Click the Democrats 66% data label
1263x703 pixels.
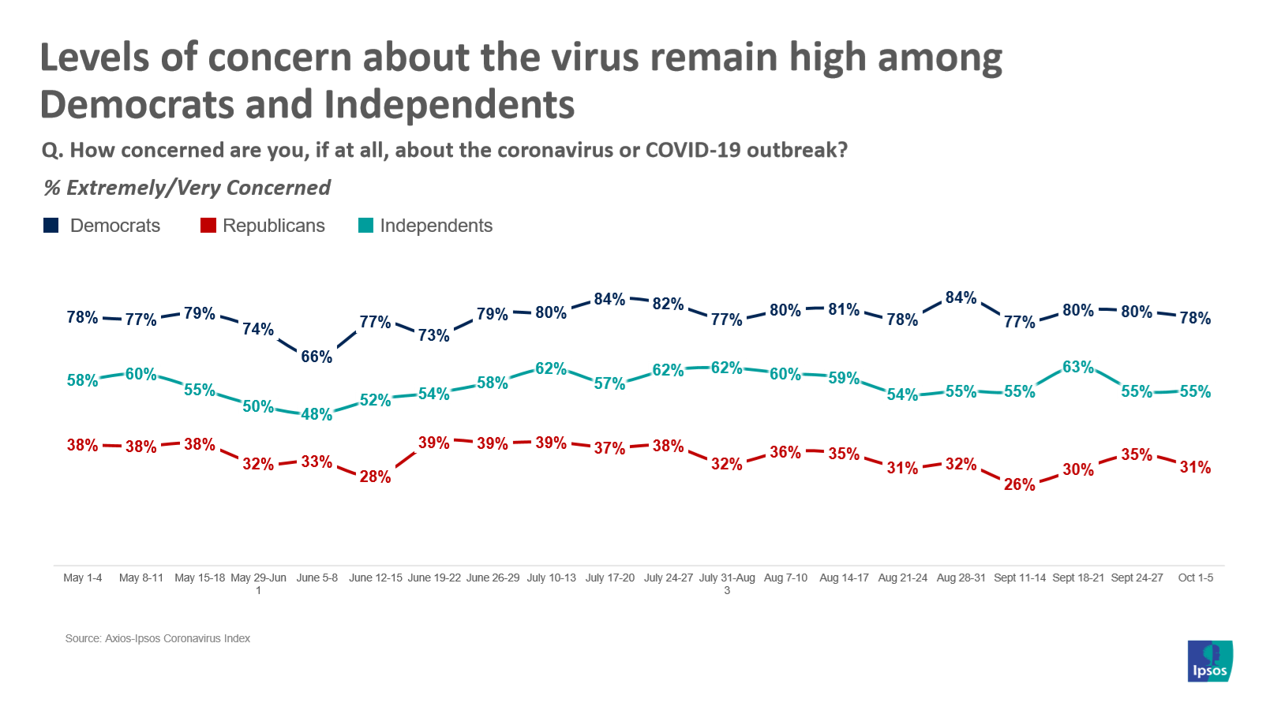coord(317,357)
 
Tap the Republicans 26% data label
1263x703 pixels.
coord(1019,484)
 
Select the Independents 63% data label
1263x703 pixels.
coord(1077,367)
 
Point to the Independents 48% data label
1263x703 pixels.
coord(317,414)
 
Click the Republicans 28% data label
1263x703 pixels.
coord(375,477)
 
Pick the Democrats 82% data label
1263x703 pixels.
coord(668,304)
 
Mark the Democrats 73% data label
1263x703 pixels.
coord(433,335)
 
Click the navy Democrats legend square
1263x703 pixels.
coord(51,226)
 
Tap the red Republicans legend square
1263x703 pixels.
coord(208,226)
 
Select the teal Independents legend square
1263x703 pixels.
coord(365,226)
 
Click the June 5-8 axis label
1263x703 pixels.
coord(317,578)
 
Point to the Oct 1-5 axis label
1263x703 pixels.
coord(1195,578)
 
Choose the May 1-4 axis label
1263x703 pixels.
coord(83,578)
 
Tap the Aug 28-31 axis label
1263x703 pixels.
coord(961,578)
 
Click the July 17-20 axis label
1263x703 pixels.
coord(609,578)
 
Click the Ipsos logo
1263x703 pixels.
coord(1209,661)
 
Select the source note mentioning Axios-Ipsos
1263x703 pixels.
coord(158,638)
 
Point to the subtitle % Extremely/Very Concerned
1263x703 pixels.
coord(187,188)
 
